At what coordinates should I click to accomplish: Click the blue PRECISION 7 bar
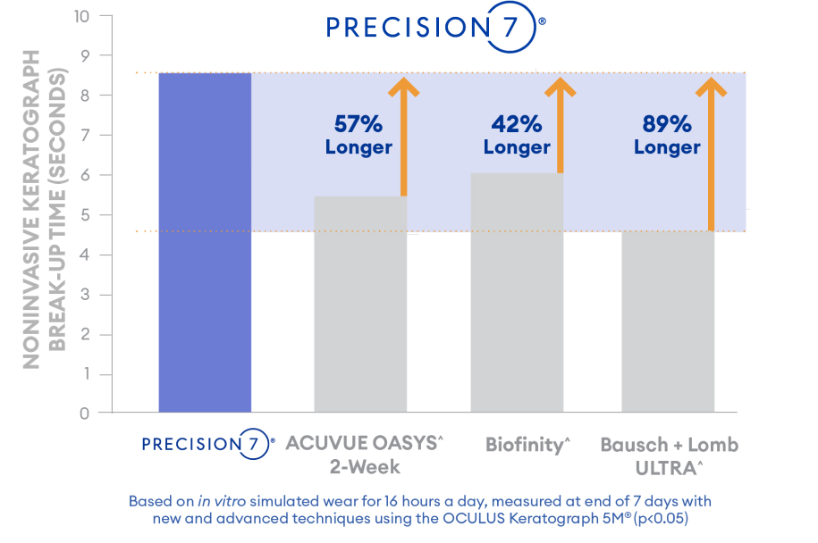pyautogui.click(x=205, y=242)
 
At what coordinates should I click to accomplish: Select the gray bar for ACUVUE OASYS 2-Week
pyautogui.click(x=360, y=305)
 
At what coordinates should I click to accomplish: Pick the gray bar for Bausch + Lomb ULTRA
pyautogui.click(x=668, y=322)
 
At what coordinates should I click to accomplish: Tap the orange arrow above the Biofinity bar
pyautogui.click(x=561, y=125)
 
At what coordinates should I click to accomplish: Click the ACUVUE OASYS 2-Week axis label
pyautogui.click(x=364, y=455)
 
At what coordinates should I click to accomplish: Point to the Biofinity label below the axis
pyautogui.click(x=527, y=445)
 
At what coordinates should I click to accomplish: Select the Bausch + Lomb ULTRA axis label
pyautogui.click(x=670, y=455)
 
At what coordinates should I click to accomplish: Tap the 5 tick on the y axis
pyautogui.click(x=83, y=215)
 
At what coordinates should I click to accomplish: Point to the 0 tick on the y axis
pyautogui.click(x=83, y=414)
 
